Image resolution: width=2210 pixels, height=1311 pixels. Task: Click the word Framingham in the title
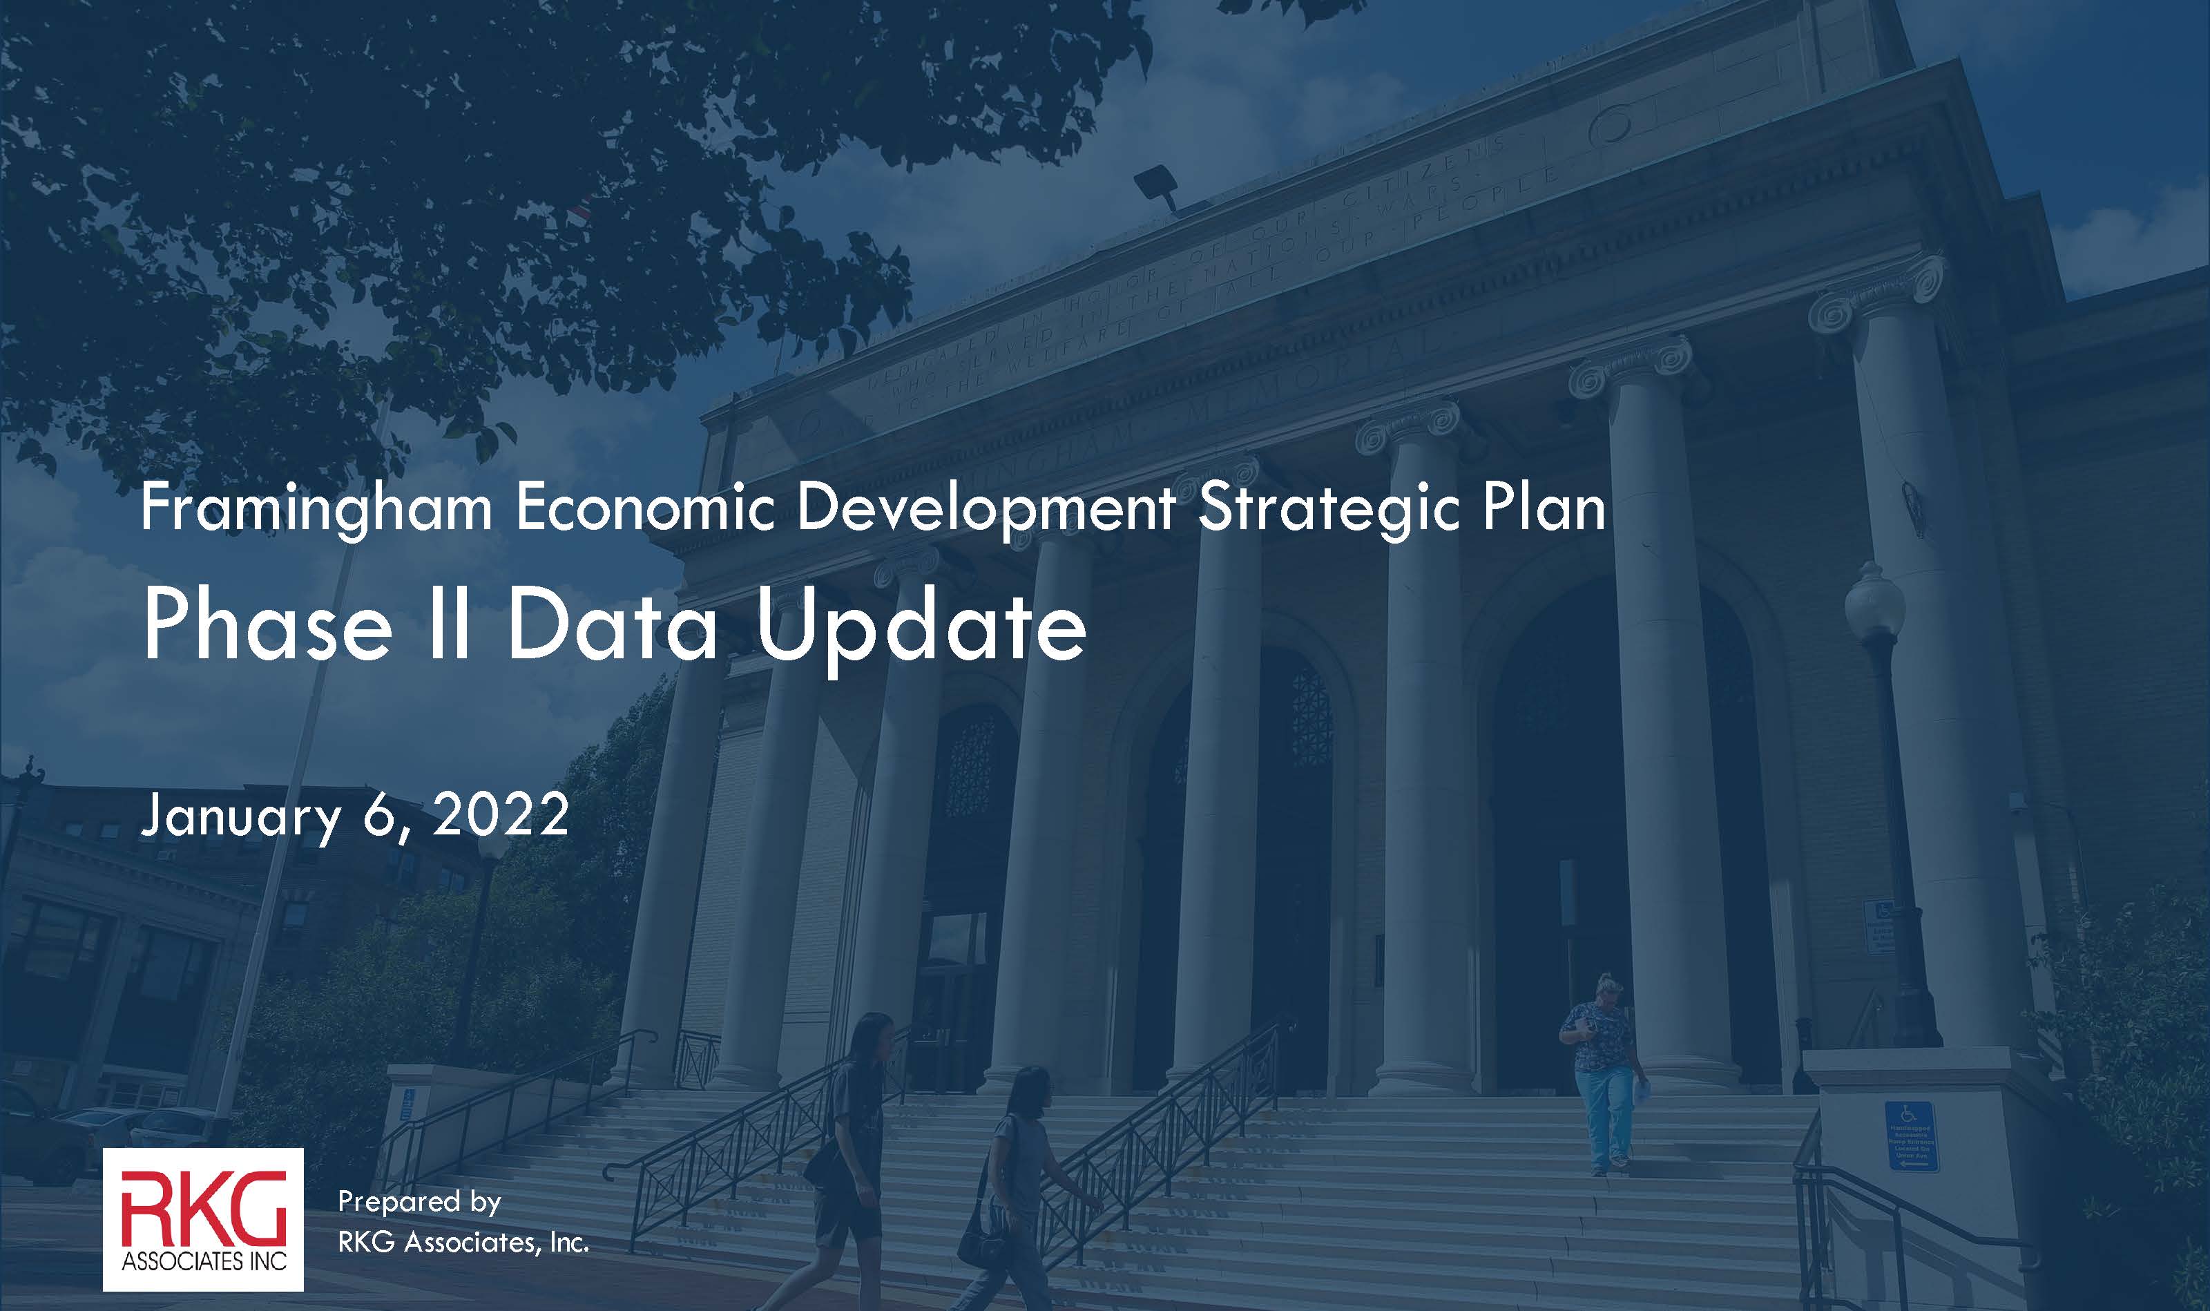(316, 510)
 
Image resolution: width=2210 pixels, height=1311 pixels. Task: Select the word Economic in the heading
(645, 509)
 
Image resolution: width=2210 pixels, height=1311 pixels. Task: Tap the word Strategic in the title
(1327, 510)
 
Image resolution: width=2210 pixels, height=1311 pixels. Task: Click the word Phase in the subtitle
(267, 626)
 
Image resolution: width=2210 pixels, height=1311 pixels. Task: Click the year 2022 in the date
(501, 814)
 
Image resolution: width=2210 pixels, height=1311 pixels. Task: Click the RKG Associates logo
(203, 1219)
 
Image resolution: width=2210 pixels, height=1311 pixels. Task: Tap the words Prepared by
(420, 1201)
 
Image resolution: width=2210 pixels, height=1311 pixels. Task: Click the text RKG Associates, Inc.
(463, 1242)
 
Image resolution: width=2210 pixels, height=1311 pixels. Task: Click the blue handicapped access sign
(1912, 1136)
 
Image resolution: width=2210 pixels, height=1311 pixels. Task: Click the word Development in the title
(985, 510)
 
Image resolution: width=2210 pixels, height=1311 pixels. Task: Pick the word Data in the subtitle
(611, 626)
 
